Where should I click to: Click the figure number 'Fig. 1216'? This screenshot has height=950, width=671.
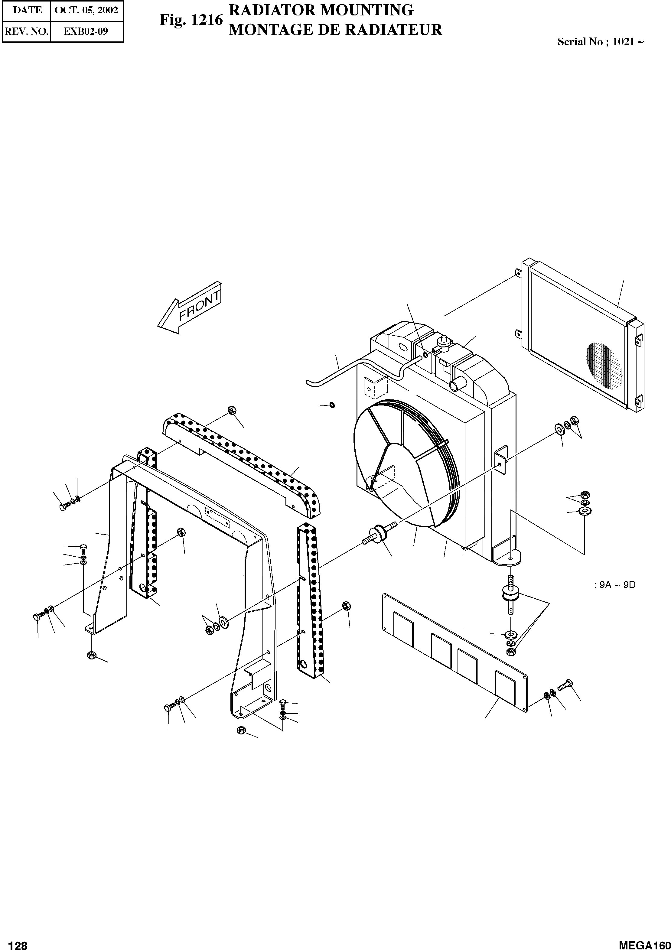click(191, 20)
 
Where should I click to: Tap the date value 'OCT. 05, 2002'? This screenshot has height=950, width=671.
click(86, 10)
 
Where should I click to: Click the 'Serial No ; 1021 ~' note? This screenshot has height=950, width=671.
click(600, 41)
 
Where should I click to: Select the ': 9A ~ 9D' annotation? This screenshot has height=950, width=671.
click(614, 585)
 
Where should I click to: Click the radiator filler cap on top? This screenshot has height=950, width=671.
click(445, 340)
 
